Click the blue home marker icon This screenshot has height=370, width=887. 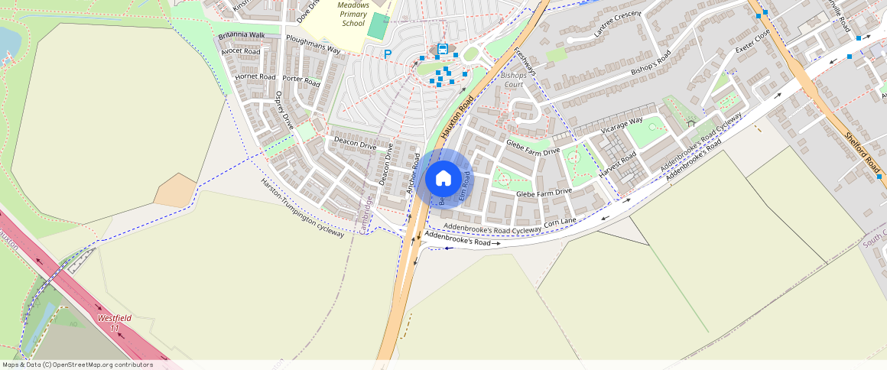coord(443,179)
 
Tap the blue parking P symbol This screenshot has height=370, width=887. coord(388,54)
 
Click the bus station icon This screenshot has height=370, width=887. coord(442,50)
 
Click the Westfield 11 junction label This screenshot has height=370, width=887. coord(115,323)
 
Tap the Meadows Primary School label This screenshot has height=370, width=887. coord(353,15)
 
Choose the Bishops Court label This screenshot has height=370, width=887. coord(514,80)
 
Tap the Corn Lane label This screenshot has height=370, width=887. coord(560,222)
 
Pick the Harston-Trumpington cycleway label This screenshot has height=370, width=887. coord(302,208)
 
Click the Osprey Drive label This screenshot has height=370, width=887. coord(284,110)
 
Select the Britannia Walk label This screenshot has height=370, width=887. coord(241,36)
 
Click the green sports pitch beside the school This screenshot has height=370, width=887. coord(378,27)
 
